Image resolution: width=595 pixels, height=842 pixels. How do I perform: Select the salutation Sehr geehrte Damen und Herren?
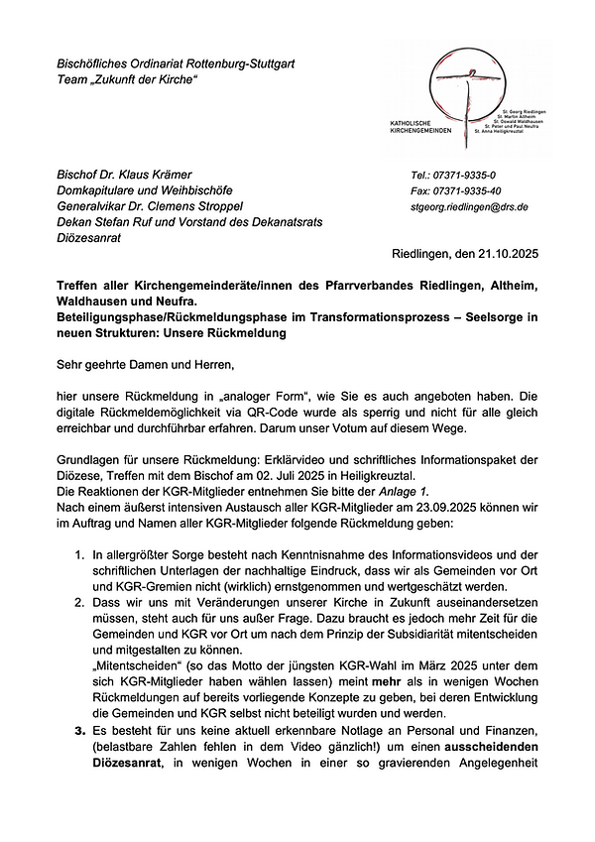tap(145, 364)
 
